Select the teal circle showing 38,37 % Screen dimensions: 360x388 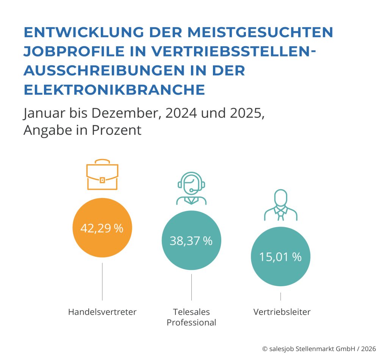click(191, 240)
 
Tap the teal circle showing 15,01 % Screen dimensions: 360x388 click(280, 257)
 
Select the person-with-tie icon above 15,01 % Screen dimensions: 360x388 click(280, 204)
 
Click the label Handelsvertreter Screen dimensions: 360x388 click(102, 312)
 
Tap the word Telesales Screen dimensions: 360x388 click(191, 312)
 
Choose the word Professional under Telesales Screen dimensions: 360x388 click(191, 323)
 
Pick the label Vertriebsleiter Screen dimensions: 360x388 click(282, 312)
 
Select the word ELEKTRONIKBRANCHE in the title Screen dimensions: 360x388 click(114, 90)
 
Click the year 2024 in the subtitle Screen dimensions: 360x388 click(180, 113)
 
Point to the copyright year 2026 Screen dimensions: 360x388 click(370, 348)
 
